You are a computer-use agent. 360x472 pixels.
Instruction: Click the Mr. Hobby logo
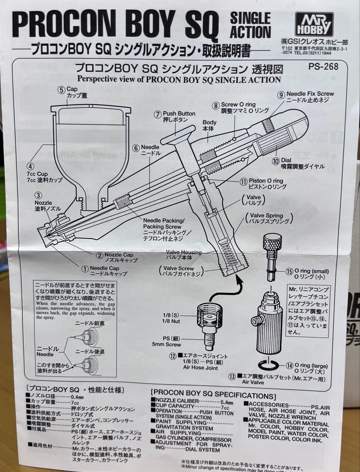point(314,24)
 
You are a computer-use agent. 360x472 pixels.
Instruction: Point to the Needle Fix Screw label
point(310,97)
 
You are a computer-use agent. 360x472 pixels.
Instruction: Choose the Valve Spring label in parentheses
point(269,219)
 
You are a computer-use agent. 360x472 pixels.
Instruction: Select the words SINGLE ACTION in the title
point(250,25)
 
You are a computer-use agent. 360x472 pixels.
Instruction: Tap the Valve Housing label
point(184,254)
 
